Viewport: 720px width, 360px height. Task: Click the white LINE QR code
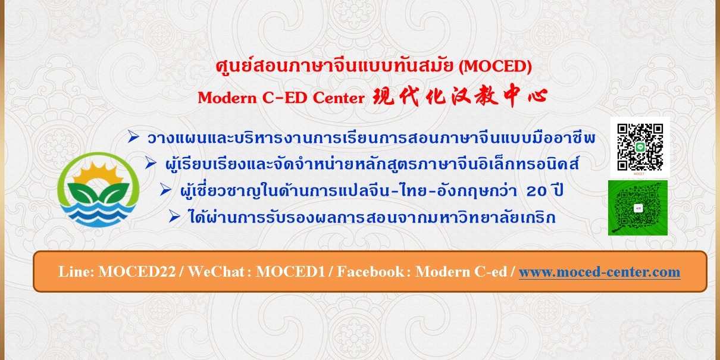click(640, 147)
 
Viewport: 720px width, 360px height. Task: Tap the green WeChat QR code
click(638, 208)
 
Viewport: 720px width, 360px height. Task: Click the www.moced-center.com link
click(599, 272)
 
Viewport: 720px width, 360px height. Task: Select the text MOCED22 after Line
click(137, 272)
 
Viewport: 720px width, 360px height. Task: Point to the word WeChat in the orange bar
click(216, 272)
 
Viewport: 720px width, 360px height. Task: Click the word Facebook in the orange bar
click(370, 272)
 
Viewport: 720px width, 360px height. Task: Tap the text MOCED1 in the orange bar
click(290, 272)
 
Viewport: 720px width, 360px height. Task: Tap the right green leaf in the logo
click(114, 192)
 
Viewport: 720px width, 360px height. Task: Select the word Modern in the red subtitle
click(227, 98)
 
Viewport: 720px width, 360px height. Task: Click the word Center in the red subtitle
click(339, 98)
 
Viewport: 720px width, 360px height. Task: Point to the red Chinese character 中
click(512, 95)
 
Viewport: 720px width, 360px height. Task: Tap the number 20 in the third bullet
click(536, 192)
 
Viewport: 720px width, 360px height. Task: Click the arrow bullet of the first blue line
click(133, 137)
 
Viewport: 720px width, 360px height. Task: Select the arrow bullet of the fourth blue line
click(174, 217)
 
